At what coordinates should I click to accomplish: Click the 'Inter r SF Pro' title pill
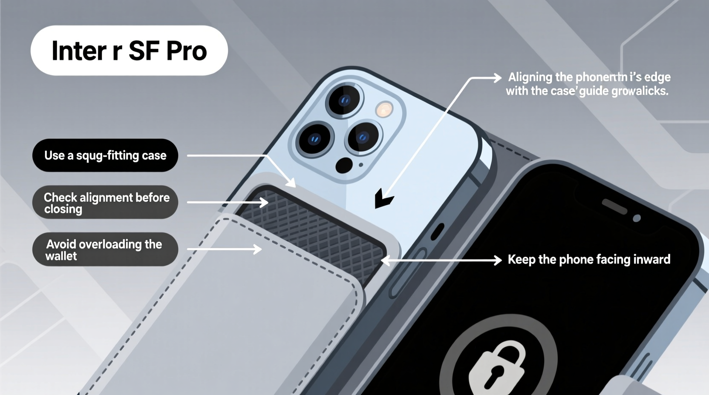129,51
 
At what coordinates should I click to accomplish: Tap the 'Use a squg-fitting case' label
105,155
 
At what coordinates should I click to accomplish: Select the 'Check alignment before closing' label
105,203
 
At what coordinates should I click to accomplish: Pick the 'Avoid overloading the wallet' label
105,249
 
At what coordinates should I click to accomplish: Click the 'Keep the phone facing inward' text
589,259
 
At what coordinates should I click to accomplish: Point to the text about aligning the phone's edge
588,84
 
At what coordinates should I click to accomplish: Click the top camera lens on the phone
344,100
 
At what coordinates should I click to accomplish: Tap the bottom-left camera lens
315,139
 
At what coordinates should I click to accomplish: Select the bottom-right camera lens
363,137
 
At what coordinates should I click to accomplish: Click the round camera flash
385,109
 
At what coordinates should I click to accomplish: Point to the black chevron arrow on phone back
383,199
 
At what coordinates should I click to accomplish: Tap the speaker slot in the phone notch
614,206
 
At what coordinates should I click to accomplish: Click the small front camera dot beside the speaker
637,218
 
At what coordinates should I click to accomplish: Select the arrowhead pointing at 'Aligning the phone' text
497,78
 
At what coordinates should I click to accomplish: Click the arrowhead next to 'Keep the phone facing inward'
497,260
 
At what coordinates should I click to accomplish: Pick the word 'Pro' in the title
186,51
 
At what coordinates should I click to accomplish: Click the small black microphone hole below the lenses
344,165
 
